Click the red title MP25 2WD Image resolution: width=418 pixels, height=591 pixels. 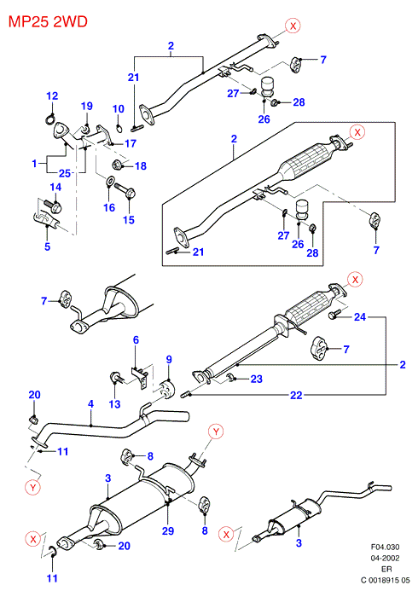tap(48, 21)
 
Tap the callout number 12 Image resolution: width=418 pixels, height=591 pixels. tap(52, 96)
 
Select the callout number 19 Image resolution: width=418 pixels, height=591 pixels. tap(87, 106)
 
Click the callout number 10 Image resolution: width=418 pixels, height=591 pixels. tap(119, 109)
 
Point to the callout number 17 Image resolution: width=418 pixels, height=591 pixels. tap(131, 143)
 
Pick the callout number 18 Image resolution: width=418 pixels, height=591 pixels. tap(141, 165)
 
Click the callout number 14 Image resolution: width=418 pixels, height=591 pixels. tap(55, 187)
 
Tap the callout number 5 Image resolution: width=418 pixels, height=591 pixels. tap(48, 246)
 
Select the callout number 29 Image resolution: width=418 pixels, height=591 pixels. tap(168, 530)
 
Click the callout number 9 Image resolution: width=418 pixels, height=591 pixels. tap(169, 359)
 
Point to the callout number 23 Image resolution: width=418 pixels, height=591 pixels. tap(256, 379)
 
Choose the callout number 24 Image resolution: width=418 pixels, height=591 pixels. tap(360, 317)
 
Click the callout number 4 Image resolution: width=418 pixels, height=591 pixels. tap(90, 404)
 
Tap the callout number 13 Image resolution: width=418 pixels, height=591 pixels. tap(114, 404)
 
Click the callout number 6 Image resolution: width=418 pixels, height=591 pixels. tap(136, 340)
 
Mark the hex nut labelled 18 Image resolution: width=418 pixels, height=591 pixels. tap(117, 165)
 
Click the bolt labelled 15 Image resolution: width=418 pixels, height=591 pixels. tap(125, 190)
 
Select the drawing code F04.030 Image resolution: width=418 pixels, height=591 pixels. tap(386, 547)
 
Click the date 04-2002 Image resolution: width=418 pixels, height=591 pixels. tap(386, 558)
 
